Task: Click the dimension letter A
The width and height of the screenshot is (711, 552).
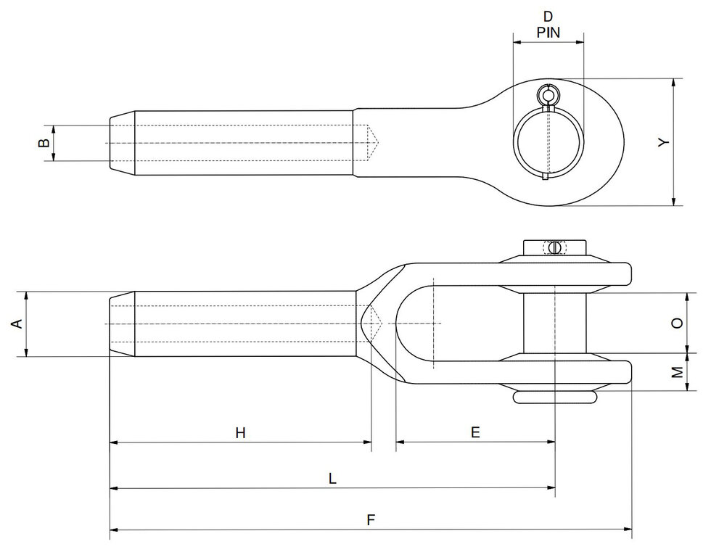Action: pyautogui.click(x=17, y=324)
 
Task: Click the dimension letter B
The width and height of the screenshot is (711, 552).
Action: pyautogui.click(x=44, y=143)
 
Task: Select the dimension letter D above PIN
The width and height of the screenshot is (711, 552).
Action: pyautogui.click(x=548, y=17)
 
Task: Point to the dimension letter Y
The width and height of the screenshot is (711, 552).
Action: pyautogui.click(x=662, y=143)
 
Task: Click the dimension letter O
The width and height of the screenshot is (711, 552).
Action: pyautogui.click(x=677, y=324)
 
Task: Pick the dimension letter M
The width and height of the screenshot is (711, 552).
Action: pyautogui.click(x=677, y=372)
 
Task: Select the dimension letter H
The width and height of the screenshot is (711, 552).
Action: pyautogui.click(x=240, y=433)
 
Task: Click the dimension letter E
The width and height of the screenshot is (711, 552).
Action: pyautogui.click(x=475, y=432)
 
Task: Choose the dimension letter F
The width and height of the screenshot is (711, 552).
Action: pyautogui.click(x=371, y=520)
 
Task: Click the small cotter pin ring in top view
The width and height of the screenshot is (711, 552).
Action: pyautogui.click(x=548, y=95)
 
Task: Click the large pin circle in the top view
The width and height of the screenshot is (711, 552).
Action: pyautogui.click(x=548, y=141)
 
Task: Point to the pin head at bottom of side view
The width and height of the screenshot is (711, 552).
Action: pyautogui.click(x=555, y=397)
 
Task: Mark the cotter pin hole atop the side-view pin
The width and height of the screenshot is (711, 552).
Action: pyautogui.click(x=555, y=248)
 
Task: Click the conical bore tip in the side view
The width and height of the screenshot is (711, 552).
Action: pyautogui.click(x=374, y=323)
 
